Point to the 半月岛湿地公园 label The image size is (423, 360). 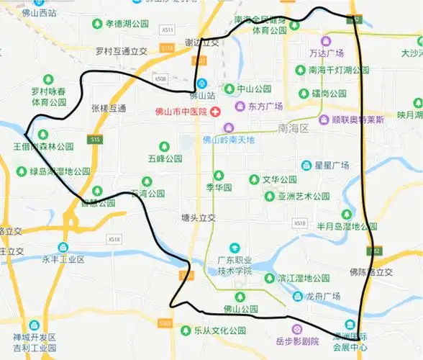[347, 225]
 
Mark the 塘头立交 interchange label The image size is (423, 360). [198, 217]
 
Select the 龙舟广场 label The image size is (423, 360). [321, 296]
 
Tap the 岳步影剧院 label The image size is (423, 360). [296, 341]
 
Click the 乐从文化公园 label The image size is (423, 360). [219, 331]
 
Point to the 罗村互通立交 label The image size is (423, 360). [121, 51]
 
